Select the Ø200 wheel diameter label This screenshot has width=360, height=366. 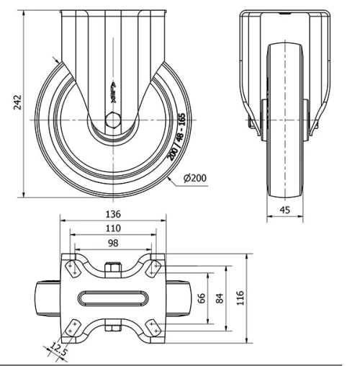(194, 178)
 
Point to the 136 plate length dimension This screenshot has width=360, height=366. (112, 214)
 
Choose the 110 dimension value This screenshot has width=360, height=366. (112, 228)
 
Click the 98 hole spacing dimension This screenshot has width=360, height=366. (112, 243)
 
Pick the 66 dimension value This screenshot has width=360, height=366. (202, 298)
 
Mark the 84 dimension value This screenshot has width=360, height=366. (220, 298)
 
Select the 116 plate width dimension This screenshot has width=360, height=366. (241, 298)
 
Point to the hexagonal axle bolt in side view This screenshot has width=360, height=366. (113, 122)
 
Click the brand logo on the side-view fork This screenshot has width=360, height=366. (113, 88)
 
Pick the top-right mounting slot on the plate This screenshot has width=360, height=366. (153, 268)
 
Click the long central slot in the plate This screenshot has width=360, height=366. (113, 298)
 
